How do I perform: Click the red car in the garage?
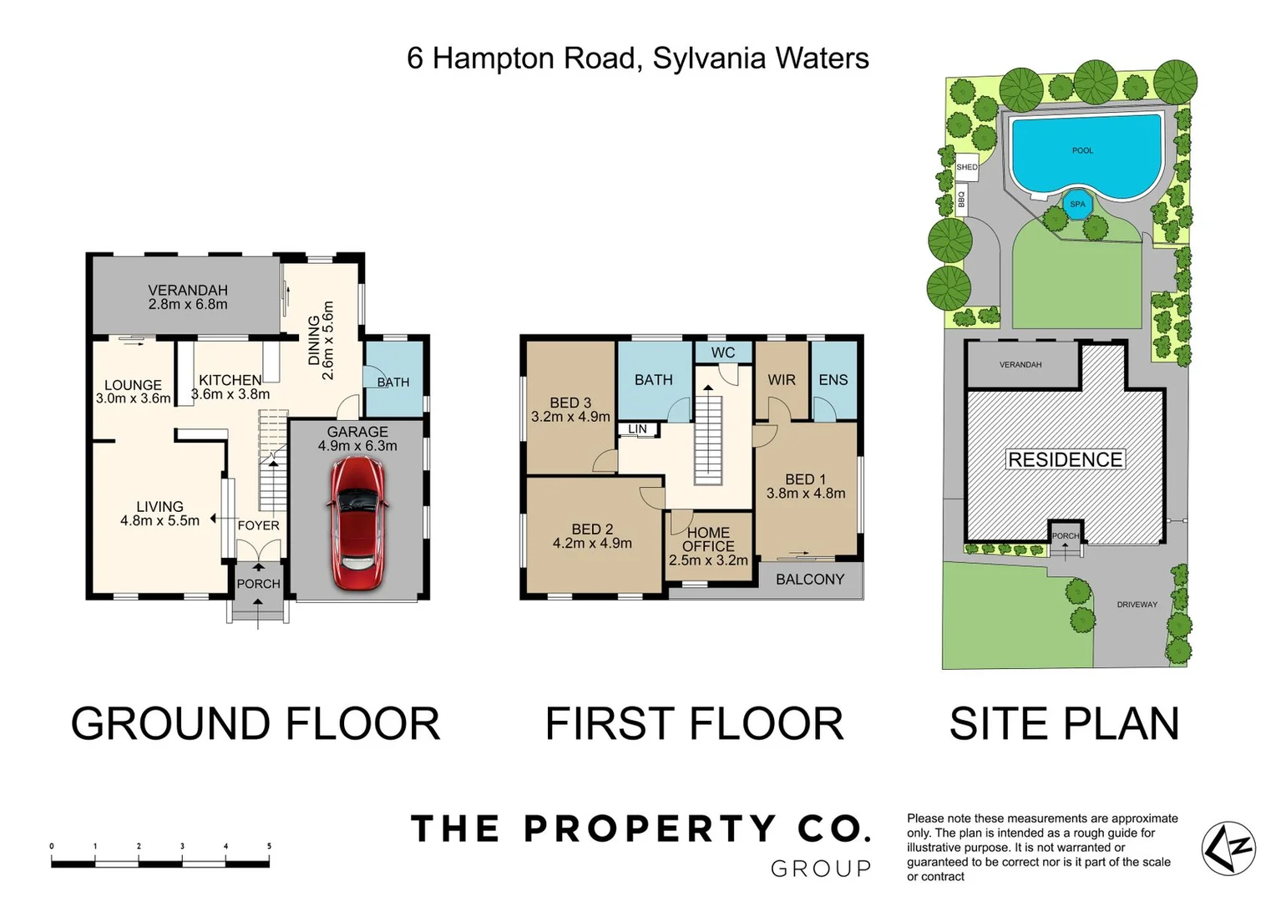357,523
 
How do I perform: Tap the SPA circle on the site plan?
1077,204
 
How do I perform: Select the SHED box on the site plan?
967,167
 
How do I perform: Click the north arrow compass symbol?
1228,849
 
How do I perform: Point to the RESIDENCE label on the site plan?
1065,459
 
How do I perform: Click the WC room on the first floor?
723,352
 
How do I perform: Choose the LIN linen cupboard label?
637,429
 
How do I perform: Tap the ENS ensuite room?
833,380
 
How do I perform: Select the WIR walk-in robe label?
782,380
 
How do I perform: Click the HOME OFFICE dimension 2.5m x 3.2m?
708,560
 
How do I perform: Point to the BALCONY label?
809,580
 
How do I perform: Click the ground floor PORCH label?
258,584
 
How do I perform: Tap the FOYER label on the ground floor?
258,525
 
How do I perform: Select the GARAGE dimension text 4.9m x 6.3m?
357,446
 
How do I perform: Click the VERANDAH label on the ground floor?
188,290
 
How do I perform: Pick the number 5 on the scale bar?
269,846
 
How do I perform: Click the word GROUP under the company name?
820,869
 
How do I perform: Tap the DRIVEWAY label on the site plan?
1137,605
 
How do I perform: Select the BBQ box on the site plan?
961,201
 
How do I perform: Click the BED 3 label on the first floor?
570,403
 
